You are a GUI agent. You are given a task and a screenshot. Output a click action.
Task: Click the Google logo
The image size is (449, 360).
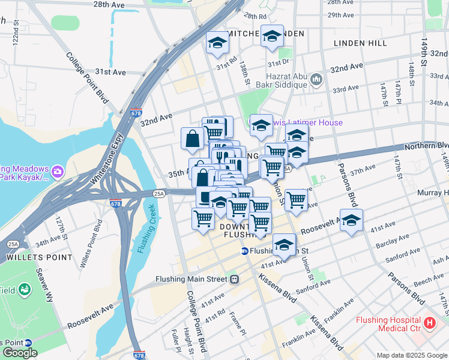coord(20,353)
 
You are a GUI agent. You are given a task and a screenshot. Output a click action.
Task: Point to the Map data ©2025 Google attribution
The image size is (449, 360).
coord(412,355)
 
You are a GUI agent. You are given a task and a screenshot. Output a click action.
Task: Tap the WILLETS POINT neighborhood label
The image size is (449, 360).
coord(31,257)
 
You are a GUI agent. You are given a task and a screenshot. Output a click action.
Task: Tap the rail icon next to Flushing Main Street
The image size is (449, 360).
coord(235,279)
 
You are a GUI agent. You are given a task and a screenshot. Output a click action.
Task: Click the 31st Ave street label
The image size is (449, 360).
coord(110,72)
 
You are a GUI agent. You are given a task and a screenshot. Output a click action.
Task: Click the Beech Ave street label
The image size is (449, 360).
coord(428,280)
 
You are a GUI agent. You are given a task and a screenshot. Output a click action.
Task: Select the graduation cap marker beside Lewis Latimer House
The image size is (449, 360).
coord(261,125)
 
